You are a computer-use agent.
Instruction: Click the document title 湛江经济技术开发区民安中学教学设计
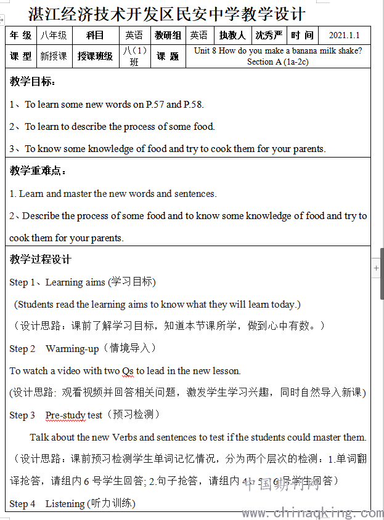(166, 14)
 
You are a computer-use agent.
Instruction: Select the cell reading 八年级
(54, 36)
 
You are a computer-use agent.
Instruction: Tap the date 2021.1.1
(344, 36)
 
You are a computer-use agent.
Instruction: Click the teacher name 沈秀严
(269, 36)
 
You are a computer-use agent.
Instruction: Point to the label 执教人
(232, 36)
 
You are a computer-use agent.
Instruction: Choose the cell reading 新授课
(54, 56)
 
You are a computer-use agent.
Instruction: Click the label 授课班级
(95, 56)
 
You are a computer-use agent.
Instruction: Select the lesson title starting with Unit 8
(277, 56)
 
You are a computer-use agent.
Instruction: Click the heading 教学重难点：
(38, 171)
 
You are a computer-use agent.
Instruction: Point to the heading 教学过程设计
(40, 260)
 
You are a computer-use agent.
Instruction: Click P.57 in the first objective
(155, 105)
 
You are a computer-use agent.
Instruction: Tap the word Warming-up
(72, 349)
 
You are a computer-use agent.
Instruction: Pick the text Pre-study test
(74, 415)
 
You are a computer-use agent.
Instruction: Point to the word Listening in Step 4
(65, 504)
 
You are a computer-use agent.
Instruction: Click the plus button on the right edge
(377, 268)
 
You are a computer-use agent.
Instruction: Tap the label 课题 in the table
(168, 56)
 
